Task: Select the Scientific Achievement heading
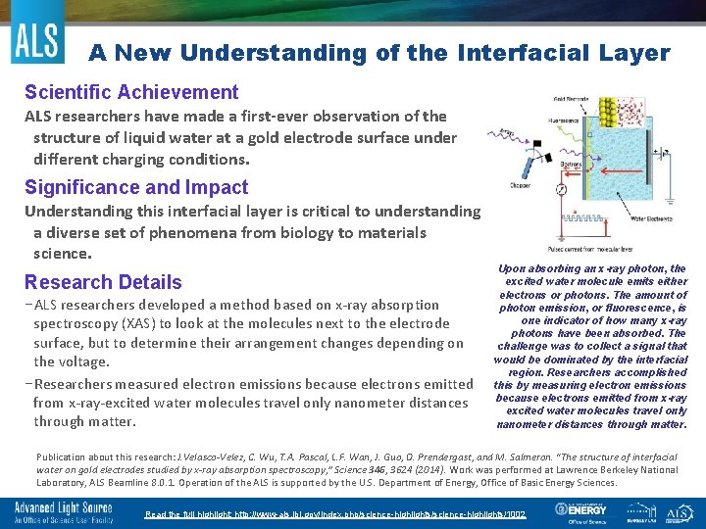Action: tap(131, 92)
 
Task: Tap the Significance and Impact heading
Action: tap(136, 187)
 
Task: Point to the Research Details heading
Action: tap(103, 282)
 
